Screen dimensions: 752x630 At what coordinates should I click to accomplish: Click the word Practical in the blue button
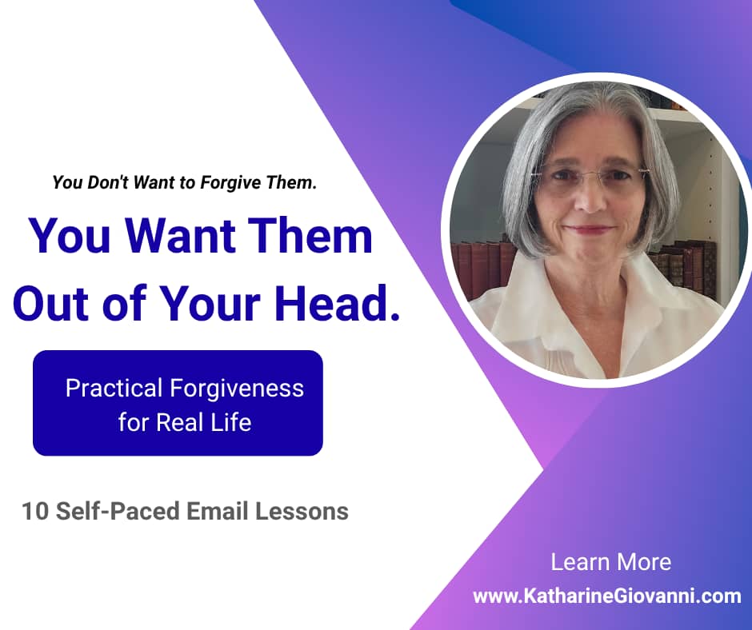pos(114,388)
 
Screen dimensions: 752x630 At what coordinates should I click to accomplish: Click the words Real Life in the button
pos(204,422)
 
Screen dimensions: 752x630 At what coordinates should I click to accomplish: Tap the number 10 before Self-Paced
pos(35,511)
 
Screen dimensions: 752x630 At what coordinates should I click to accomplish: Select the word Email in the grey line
pos(218,511)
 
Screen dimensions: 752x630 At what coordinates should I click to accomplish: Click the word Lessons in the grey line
pos(302,511)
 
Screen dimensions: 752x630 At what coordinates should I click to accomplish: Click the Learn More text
pos(610,562)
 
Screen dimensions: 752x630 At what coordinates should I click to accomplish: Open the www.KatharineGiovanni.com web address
pos(606,596)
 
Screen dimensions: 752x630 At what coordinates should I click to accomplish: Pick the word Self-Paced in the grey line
pos(118,511)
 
